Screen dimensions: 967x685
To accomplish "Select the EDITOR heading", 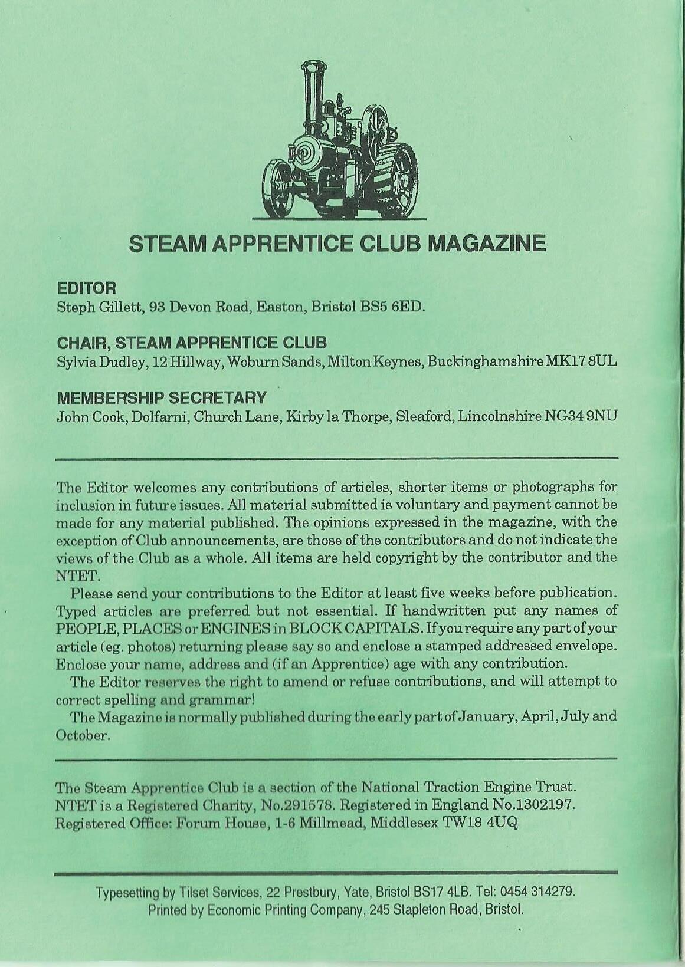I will coord(86,288).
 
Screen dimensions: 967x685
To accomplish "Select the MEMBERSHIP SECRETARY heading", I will coord(161,397).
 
